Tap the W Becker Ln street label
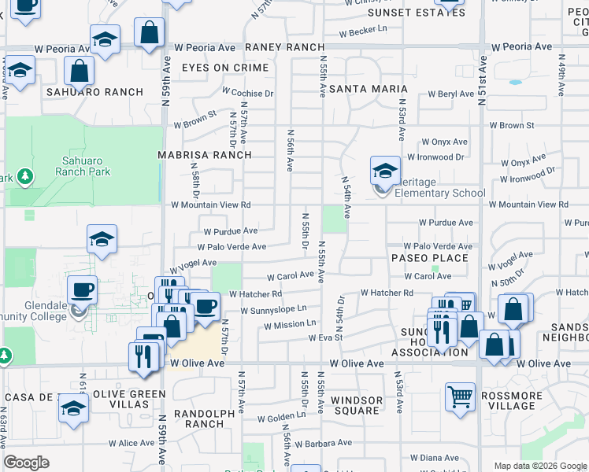[364, 33]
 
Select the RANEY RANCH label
[274, 47]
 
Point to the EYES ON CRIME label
[225, 68]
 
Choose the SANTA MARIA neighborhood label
[368, 89]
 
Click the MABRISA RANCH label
[205, 155]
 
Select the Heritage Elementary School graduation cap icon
[384, 170]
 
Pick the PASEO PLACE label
[431, 258]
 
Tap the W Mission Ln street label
[290, 324]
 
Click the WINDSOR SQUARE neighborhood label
[357, 406]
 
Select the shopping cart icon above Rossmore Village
[460, 396]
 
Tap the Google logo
[27, 463]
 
